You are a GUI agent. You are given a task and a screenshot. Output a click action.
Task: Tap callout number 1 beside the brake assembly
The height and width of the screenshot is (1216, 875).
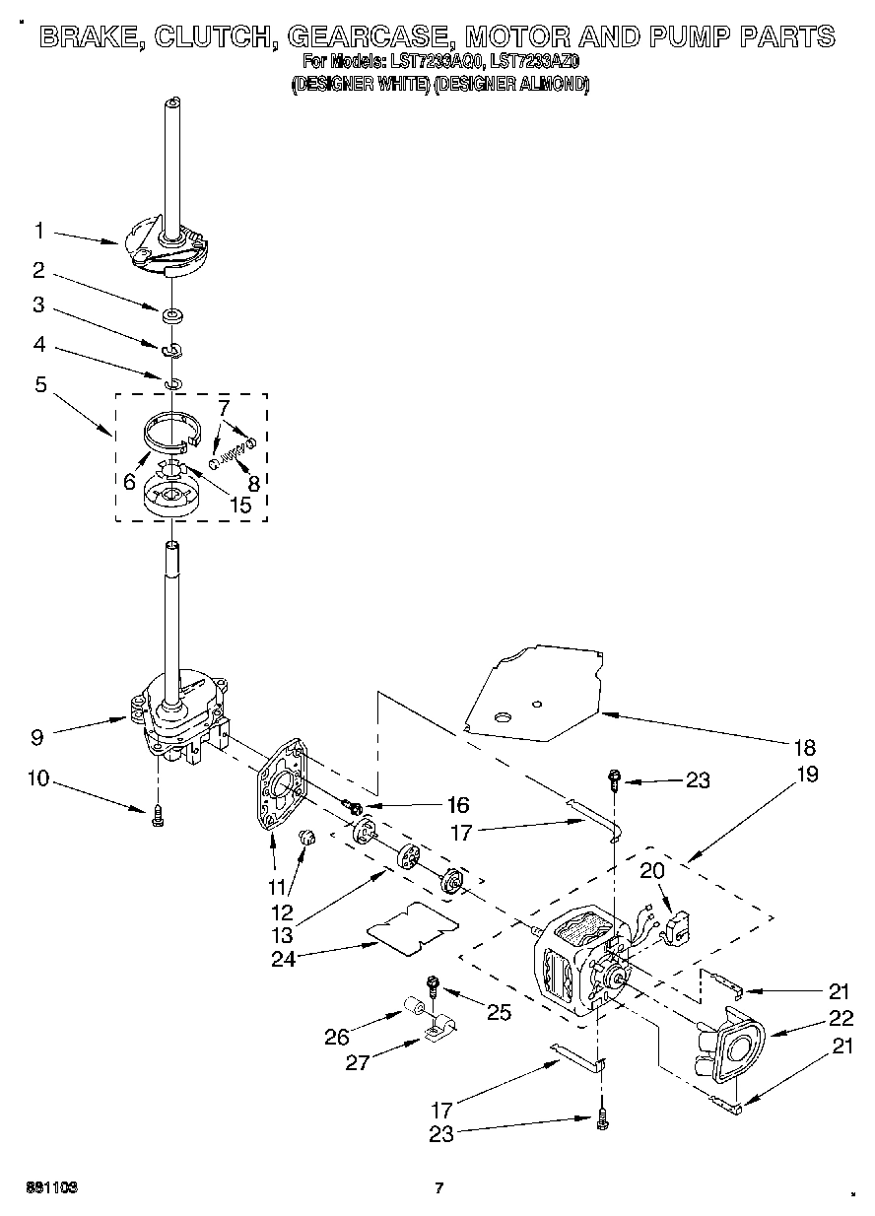tap(39, 232)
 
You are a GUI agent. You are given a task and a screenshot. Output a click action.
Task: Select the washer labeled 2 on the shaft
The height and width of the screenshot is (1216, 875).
tap(172, 315)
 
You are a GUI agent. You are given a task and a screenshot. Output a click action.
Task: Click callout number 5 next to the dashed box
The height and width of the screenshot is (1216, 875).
tap(40, 385)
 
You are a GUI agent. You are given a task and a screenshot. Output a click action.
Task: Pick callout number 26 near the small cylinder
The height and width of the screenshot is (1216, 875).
tap(338, 1036)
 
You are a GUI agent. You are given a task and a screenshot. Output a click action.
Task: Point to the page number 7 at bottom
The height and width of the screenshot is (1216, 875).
tap(440, 1188)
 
